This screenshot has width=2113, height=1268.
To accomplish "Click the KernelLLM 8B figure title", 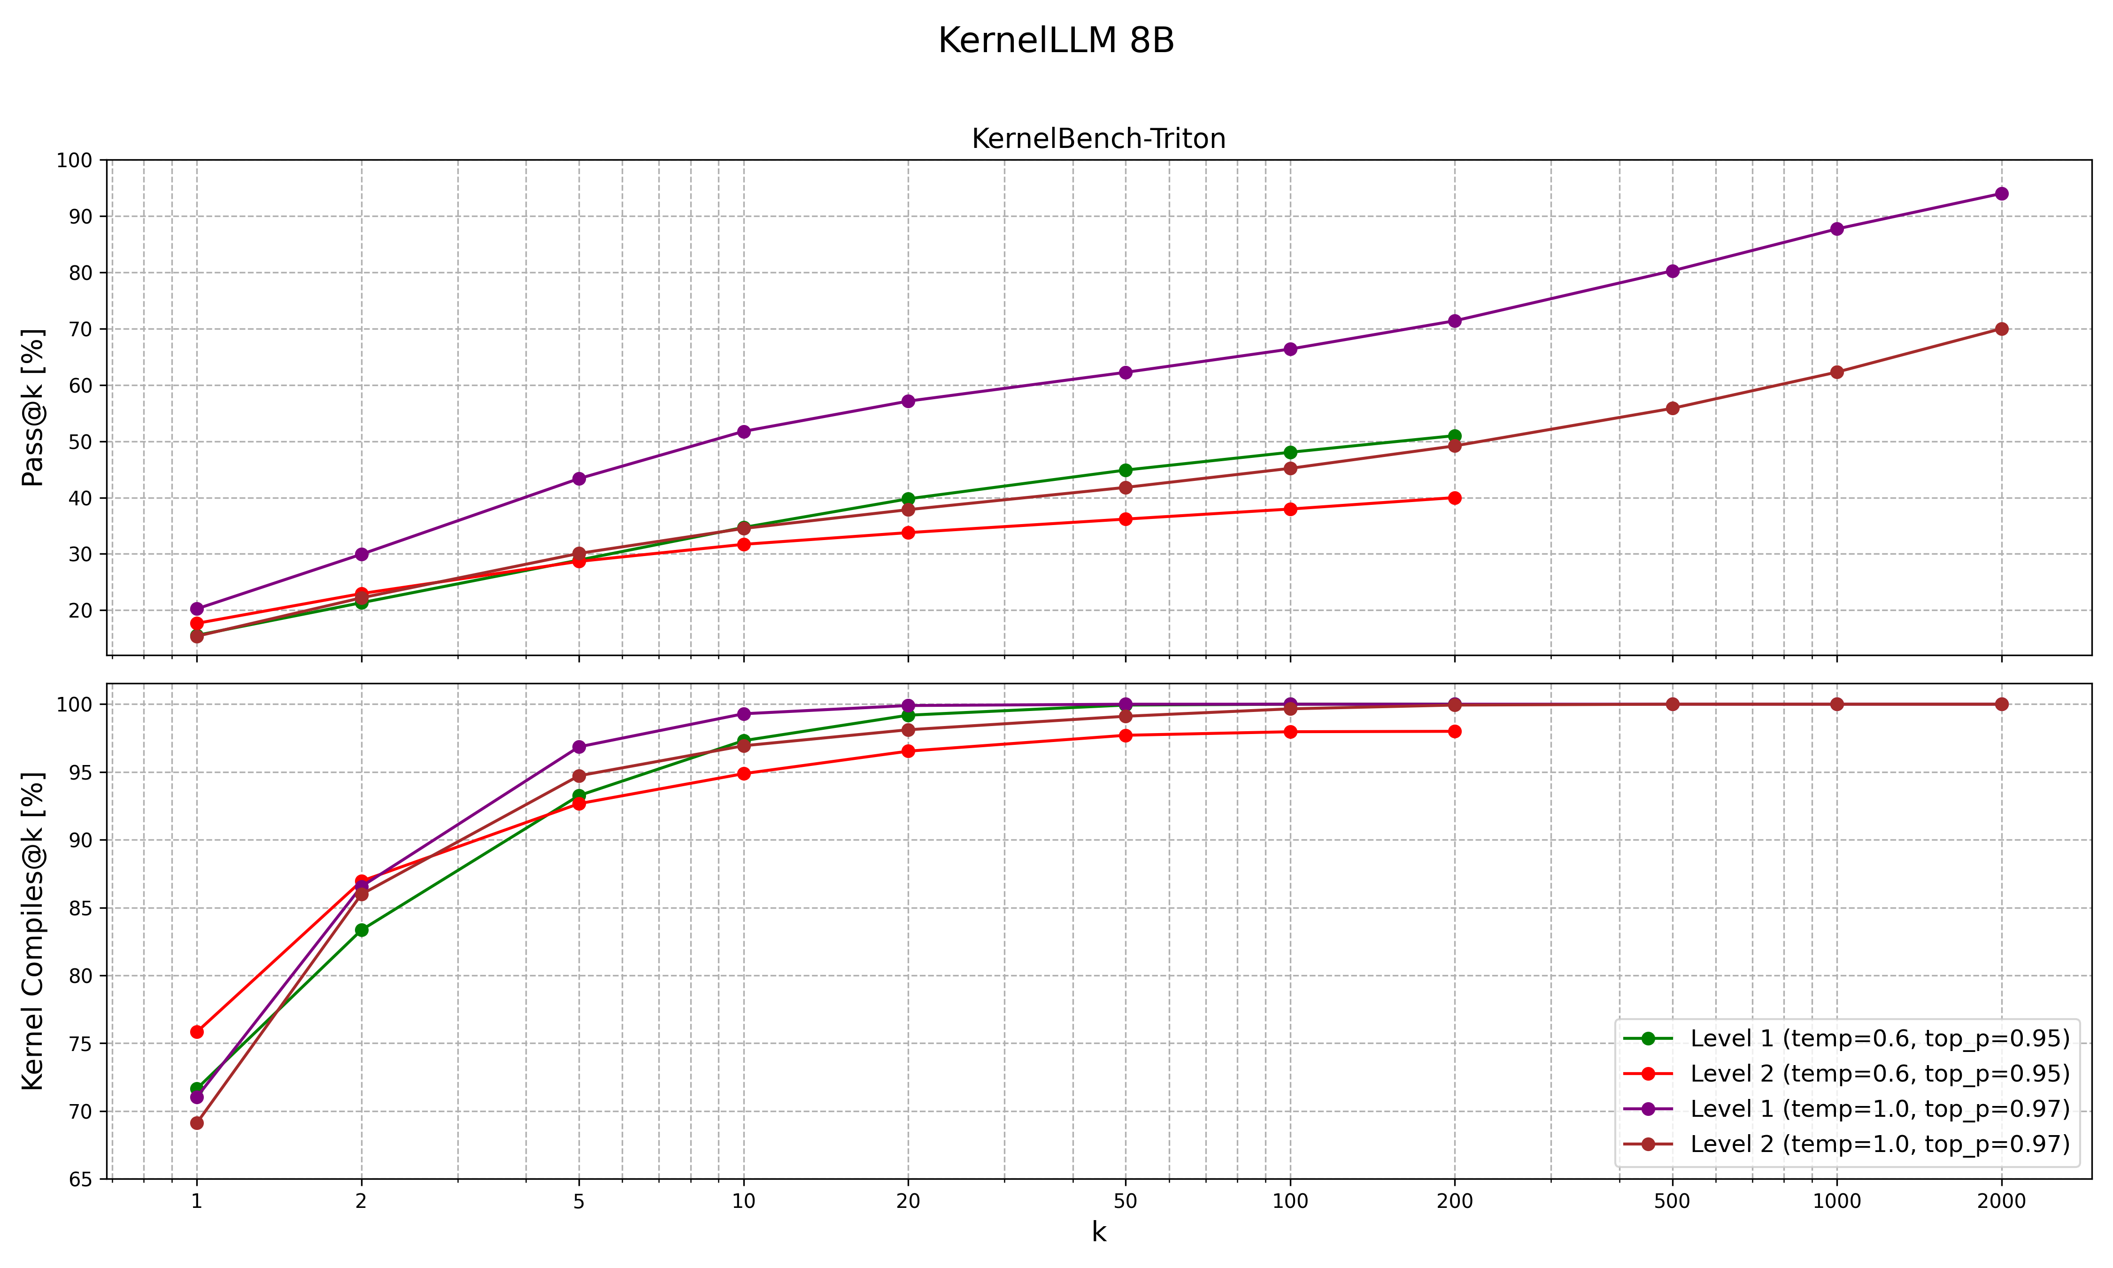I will (1056, 41).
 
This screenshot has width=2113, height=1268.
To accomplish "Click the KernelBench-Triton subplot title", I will (1098, 139).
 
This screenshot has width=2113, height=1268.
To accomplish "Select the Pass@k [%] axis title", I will (32, 408).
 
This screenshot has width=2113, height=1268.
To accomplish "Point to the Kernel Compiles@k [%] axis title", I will (32, 931).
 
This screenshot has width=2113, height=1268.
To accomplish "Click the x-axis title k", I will (1098, 1232).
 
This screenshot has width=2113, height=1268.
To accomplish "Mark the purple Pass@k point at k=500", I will (1672, 271).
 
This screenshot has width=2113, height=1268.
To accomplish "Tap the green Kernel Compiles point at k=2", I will (361, 930).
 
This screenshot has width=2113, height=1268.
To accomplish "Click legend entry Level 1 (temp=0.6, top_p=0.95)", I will (1879, 1038).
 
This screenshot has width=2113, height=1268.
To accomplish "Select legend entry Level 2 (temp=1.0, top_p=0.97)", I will (1879, 1144).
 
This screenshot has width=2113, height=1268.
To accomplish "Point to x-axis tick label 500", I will (1672, 1201).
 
